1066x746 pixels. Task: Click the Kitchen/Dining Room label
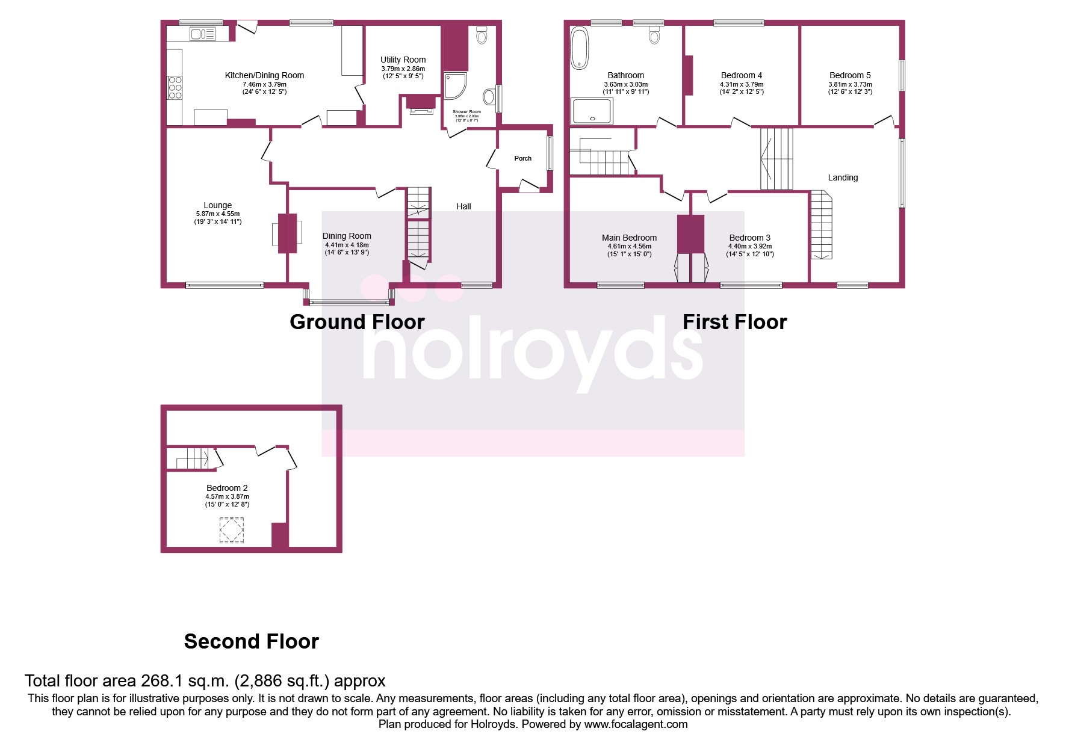point(264,75)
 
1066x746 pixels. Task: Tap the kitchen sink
point(203,34)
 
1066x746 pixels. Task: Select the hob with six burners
point(175,87)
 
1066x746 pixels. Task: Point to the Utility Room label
point(403,60)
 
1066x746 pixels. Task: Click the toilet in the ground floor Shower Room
point(481,35)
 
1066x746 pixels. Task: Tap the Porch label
point(522,158)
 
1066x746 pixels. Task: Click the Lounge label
point(217,205)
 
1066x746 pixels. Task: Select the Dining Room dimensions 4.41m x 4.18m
point(347,245)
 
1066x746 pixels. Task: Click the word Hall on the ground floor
point(463,206)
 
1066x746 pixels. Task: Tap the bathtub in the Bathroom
point(580,48)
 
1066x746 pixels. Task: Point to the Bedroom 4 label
point(742,75)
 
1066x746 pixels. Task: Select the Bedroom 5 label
point(850,75)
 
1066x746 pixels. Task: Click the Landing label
point(843,177)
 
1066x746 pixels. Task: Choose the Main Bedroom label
point(629,238)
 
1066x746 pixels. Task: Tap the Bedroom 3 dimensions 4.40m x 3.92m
point(750,246)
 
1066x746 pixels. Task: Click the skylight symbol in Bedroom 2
point(232,530)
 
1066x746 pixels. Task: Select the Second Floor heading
point(251,641)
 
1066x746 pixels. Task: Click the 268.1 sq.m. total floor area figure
point(185,681)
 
